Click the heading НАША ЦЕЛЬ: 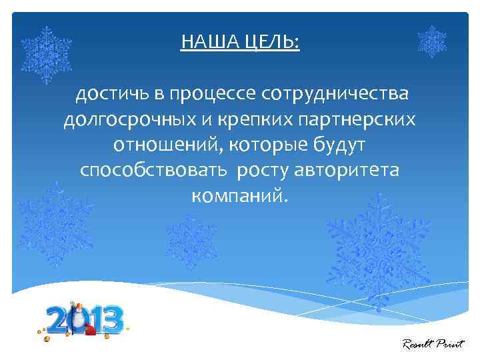(240, 43)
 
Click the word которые (264, 145)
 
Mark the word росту (261, 170)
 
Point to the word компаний (241, 195)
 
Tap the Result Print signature (433, 344)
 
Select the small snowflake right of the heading (431, 41)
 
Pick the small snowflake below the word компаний (191, 241)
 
